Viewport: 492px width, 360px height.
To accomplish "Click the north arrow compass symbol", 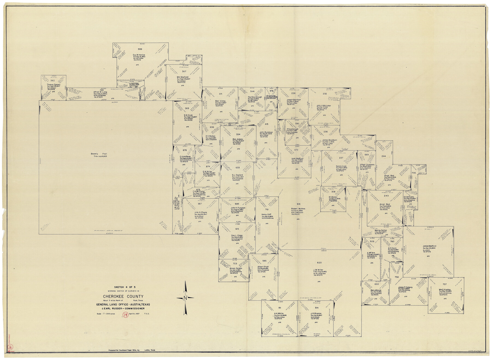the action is (x=185, y=298).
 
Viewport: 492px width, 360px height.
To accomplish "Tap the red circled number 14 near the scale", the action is (x=125, y=315).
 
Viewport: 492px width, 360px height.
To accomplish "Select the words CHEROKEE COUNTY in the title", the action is (x=123, y=296).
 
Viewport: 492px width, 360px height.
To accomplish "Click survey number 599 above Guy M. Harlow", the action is (x=140, y=49).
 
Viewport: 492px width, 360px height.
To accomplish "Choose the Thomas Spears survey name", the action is (x=53, y=85).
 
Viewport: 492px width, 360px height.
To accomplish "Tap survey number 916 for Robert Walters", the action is (x=298, y=204).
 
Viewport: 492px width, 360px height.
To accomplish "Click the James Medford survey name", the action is (x=429, y=246).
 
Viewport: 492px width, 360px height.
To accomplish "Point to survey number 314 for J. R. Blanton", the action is (x=316, y=308).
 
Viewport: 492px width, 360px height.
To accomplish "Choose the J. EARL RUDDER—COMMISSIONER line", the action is (x=123, y=309).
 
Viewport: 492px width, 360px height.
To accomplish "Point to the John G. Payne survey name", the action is (x=201, y=212).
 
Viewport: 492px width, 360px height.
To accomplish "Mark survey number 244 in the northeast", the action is (x=384, y=156).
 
